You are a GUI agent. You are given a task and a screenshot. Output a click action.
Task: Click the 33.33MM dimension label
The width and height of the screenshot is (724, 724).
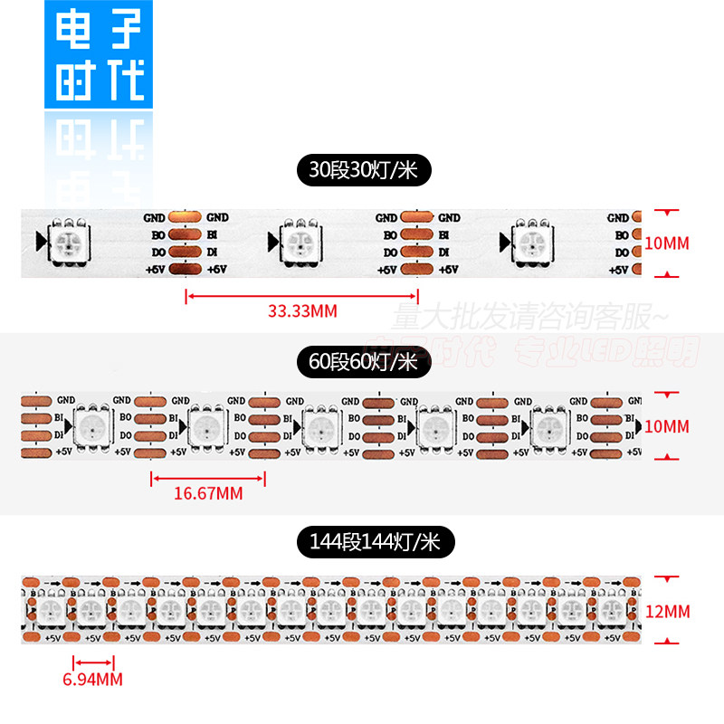[x=302, y=311]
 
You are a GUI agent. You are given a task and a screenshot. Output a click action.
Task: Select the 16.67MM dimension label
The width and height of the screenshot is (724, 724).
[x=208, y=493]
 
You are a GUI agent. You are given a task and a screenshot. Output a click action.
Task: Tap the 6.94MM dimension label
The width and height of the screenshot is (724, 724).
[x=94, y=679]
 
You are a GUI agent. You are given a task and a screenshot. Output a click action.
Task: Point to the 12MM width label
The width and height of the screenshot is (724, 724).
[x=669, y=613]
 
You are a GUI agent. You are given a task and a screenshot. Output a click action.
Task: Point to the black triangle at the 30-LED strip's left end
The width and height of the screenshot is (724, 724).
[x=39, y=241]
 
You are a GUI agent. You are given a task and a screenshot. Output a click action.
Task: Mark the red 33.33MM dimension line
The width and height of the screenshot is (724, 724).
[x=301, y=295]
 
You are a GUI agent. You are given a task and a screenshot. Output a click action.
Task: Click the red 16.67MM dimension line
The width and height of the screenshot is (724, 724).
[x=208, y=478]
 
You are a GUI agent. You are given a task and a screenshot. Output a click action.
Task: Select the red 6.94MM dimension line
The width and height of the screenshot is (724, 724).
[x=94, y=663]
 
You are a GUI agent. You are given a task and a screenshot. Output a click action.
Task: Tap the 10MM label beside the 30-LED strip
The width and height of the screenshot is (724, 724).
[x=669, y=243]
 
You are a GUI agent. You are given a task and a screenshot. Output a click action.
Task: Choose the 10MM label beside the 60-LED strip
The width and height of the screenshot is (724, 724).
[x=669, y=425]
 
